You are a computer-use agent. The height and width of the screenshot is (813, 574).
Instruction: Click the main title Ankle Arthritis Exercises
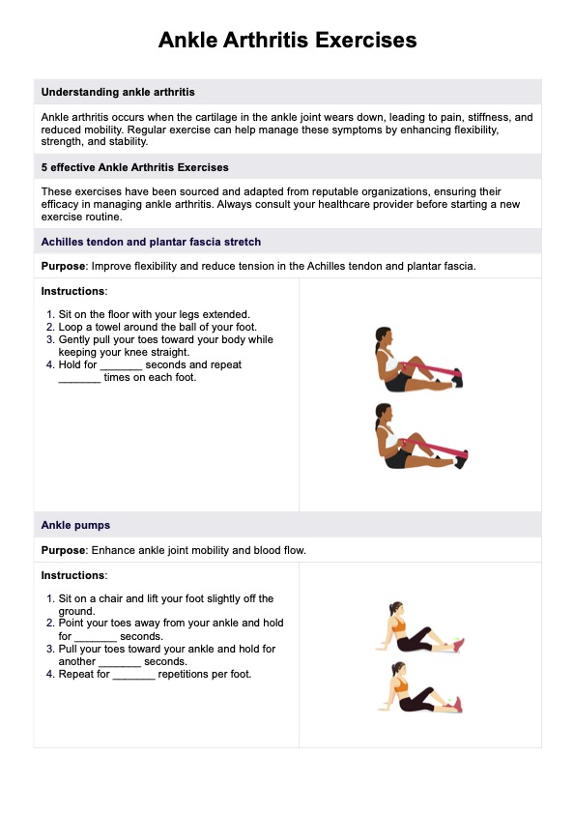287,40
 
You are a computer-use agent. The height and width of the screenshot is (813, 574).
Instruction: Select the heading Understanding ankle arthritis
118,92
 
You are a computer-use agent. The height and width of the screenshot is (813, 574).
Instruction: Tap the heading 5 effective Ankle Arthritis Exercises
135,167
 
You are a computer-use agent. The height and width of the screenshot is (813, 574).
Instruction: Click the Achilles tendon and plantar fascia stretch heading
151,242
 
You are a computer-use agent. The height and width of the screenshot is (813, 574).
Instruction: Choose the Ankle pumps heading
75,525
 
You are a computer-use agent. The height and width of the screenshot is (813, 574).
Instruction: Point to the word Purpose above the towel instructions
63,266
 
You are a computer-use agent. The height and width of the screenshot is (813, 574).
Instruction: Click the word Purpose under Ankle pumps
63,550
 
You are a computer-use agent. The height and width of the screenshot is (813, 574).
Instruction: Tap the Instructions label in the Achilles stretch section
73,291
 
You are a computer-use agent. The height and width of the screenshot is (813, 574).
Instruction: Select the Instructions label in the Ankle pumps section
73,575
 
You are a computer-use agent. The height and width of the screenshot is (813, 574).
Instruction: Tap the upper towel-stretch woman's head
384,336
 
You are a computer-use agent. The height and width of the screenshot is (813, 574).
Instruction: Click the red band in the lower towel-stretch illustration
436,448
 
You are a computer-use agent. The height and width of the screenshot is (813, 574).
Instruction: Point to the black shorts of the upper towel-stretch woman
397,383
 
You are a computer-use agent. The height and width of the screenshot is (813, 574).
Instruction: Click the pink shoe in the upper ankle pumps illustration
458,645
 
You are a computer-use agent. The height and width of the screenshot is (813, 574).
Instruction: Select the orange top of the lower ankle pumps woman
401,685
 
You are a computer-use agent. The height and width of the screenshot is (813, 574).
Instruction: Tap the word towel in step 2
109,327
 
